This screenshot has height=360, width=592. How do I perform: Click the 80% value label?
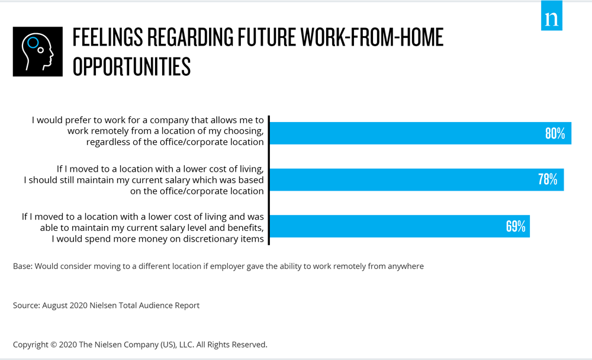(x=555, y=133)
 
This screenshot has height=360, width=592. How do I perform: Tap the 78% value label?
(x=548, y=179)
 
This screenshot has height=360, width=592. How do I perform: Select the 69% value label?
(x=516, y=226)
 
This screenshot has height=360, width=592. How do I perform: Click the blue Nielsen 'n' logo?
(x=552, y=15)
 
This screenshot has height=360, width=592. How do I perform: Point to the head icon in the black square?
(x=38, y=52)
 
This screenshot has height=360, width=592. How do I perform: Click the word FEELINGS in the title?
(x=108, y=37)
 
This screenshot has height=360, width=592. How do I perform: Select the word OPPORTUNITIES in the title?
(x=131, y=67)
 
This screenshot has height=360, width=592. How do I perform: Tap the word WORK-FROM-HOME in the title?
(x=372, y=37)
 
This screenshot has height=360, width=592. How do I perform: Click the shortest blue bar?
(x=400, y=226)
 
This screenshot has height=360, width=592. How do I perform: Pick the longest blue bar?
(x=420, y=133)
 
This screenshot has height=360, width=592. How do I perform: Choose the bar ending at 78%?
(x=417, y=179)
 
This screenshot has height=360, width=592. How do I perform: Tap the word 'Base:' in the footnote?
(x=22, y=266)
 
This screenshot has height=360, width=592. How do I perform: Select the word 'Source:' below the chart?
(x=27, y=305)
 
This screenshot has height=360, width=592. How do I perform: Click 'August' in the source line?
(x=54, y=306)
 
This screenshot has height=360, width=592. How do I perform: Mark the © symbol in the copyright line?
(x=53, y=345)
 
